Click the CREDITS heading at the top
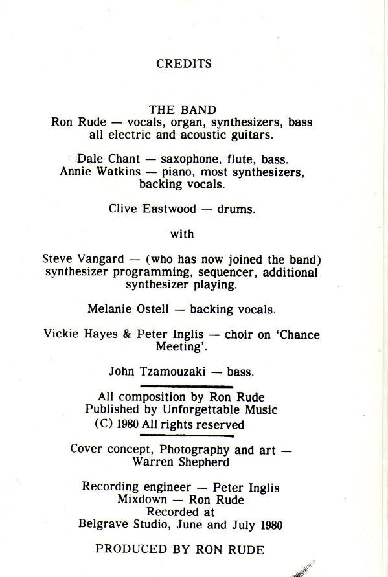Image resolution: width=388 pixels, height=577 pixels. (x=184, y=64)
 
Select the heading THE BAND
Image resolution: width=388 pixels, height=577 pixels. (x=183, y=110)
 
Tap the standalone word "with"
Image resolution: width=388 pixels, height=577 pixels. (x=182, y=234)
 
